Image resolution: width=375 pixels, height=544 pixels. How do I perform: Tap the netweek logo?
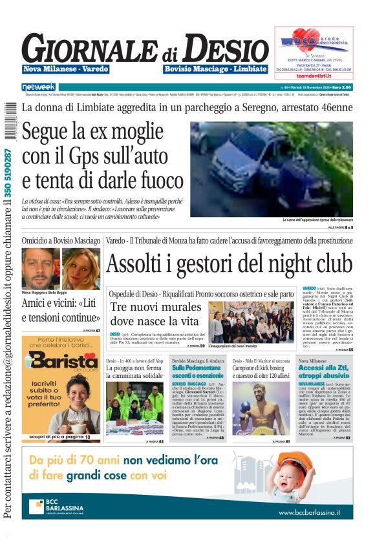(39, 87)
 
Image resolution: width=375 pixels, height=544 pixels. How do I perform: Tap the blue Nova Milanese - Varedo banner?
(66, 68)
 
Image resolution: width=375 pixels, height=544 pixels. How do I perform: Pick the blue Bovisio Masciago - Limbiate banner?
(215, 68)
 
